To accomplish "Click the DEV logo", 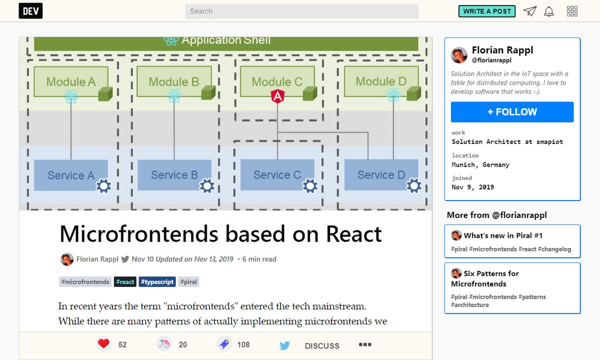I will tap(30, 11).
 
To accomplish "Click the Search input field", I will tap(301, 11).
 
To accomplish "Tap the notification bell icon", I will tap(549, 11).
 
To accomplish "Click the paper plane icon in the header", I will tap(529, 11).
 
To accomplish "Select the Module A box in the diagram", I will tap(70, 81).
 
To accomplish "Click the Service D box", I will tap(381, 175).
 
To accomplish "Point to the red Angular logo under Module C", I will tap(277, 96).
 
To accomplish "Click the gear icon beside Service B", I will tap(206, 186).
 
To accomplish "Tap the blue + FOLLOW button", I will tap(512, 112).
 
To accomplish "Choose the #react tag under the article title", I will tap(125, 282).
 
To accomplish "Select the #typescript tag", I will tap(157, 282).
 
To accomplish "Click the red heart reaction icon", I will tap(103, 344).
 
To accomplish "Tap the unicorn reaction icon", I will tap(164, 344).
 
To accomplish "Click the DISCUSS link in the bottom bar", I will tap(322, 346).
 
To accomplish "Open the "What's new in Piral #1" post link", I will tap(502, 235).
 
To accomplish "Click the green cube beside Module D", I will tap(413, 93).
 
